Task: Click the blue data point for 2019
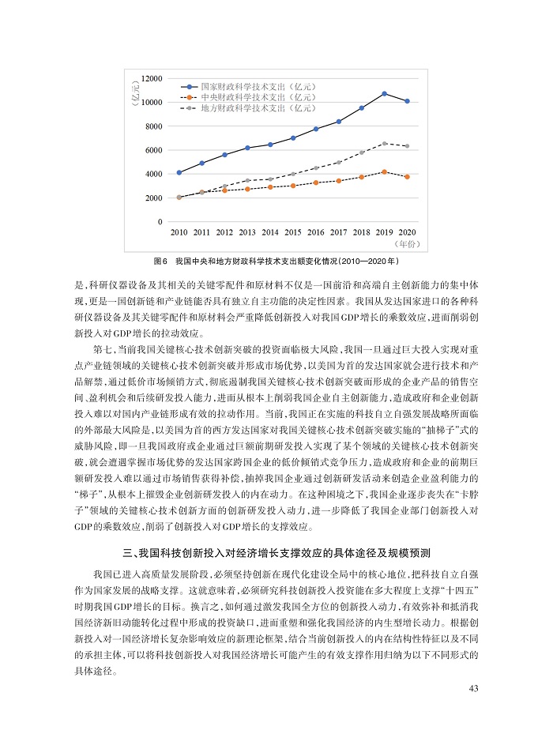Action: point(384,93)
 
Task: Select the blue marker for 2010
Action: point(179,172)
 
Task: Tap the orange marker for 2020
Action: point(407,177)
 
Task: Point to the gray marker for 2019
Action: point(384,143)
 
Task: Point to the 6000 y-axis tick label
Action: point(153,150)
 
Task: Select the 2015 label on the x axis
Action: point(293,232)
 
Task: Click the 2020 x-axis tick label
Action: point(407,232)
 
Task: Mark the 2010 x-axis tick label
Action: point(179,232)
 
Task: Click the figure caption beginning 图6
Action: point(276,260)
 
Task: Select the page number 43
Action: point(474,689)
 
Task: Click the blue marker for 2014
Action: point(270,145)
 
